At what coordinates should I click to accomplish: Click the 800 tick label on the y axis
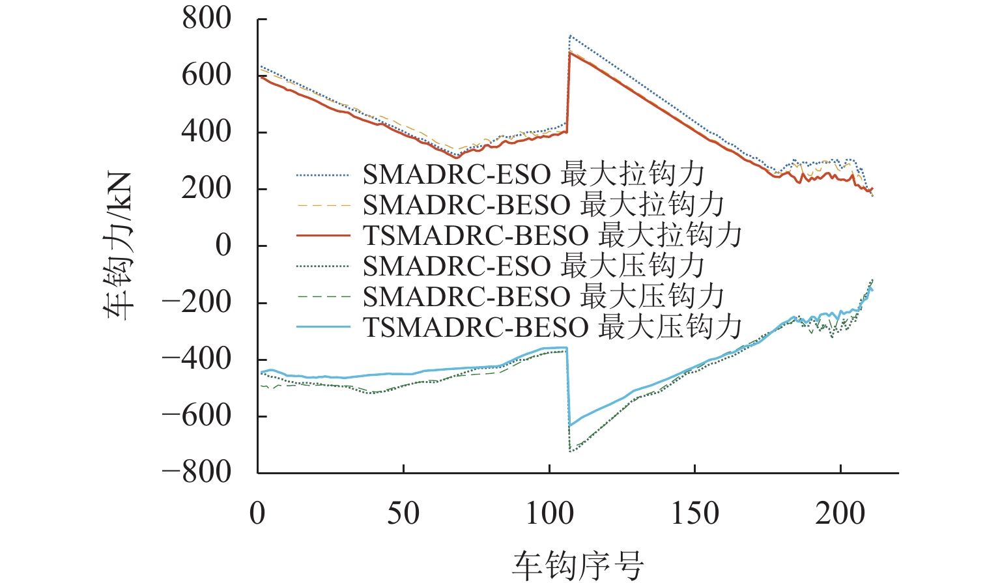[x=207, y=18]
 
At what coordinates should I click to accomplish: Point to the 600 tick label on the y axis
[x=207, y=75]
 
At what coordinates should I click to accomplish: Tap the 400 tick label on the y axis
[x=207, y=132]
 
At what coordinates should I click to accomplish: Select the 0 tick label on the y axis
[x=223, y=246]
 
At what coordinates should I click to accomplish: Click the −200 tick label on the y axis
[x=196, y=302]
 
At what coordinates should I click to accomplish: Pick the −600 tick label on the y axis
[x=196, y=416]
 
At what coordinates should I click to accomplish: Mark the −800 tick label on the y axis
[x=196, y=472]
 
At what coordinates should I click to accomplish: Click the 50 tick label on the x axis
[x=403, y=513]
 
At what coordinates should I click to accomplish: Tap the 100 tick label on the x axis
[x=549, y=513]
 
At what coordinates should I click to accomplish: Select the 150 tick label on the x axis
[x=695, y=513]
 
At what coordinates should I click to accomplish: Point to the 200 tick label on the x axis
[x=840, y=513]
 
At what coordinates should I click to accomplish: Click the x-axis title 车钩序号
[x=578, y=564]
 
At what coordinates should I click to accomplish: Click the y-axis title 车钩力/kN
[x=119, y=246]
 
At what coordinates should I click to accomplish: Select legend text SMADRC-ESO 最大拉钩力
[x=534, y=175]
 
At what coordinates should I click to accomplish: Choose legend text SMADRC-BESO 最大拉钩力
[x=543, y=205]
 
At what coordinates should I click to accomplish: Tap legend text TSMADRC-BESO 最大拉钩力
[x=552, y=235]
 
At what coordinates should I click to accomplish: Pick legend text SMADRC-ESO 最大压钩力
[x=534, y=266]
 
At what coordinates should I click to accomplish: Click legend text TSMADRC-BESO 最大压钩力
[x=552, y=327]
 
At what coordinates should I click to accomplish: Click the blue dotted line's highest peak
[x=570, y=36]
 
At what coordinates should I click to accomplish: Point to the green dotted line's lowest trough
[x=571, y=451]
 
